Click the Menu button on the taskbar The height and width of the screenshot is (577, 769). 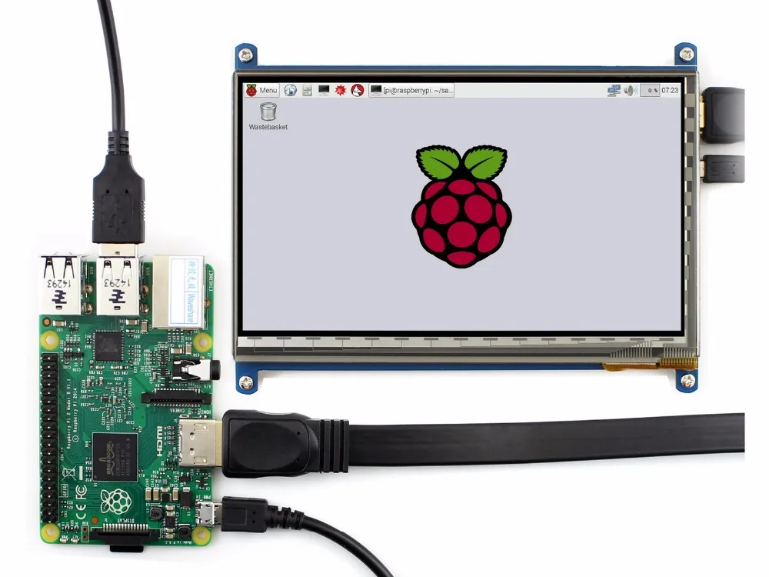click(x=261, y=90)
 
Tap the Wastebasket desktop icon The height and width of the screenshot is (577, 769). click(x=268, y=115)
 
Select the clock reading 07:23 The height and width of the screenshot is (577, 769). click(x=670, y=90)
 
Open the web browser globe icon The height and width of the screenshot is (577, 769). click(x=290, y=90)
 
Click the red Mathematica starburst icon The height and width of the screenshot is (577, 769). click(x=341, y=90)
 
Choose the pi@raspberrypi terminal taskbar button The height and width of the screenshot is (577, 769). click(x=411, y=90)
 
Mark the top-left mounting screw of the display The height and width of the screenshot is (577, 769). click(x=245, y=55)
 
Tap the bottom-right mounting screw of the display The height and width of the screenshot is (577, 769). click(x=687, y=379)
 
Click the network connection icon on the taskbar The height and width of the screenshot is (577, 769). click(x=613, y=90)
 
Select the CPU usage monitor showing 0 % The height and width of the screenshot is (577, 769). click(x=650, y=90)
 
